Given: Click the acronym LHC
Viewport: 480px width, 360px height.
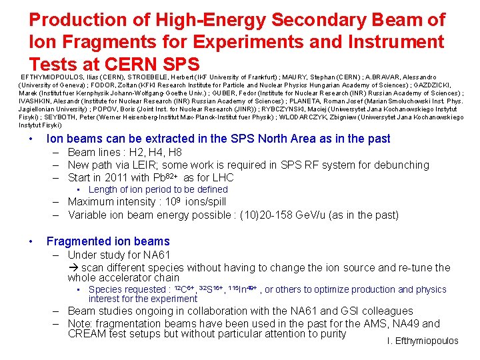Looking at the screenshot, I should pyautogui.click(x=222, y=177).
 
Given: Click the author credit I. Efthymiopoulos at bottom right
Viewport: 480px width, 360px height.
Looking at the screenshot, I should pyautogui.click(x=422, y=341).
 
